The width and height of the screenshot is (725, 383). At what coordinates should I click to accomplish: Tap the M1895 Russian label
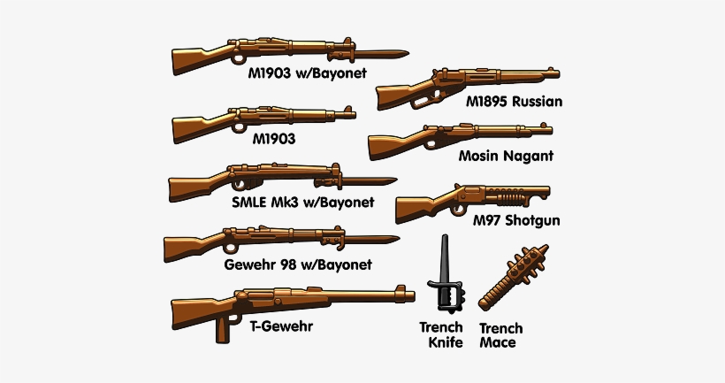pos(515,102)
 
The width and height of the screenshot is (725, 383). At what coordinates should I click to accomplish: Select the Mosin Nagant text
pos(506,157)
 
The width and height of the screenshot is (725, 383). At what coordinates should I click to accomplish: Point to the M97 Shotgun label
pos(517,219)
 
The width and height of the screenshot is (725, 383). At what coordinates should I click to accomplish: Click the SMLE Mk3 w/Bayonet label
pos(302,202)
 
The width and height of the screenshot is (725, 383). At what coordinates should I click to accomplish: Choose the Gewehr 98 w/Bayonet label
pos(298,264)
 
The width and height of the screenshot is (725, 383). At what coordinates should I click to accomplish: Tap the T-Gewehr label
pos(280,326)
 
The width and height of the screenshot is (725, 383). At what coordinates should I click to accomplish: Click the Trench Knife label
pos(440,334)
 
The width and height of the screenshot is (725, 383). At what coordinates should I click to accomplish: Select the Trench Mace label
pos(498,334)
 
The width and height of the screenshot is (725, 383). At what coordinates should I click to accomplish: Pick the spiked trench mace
pos(509,273)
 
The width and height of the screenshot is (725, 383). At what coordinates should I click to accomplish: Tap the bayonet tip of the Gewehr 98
pos(394,237)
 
